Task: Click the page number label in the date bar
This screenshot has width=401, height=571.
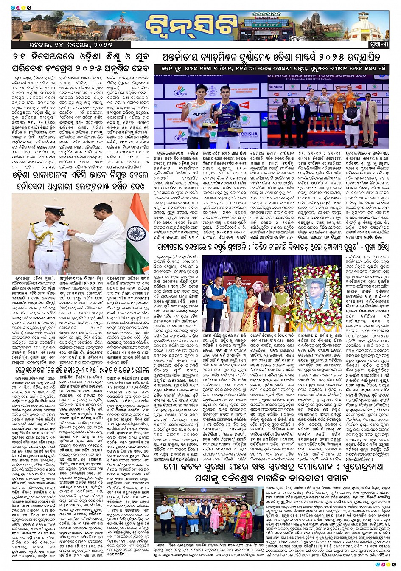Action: (x=377, y=45)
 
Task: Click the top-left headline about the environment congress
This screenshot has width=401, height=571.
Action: (x=81, y=62)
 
